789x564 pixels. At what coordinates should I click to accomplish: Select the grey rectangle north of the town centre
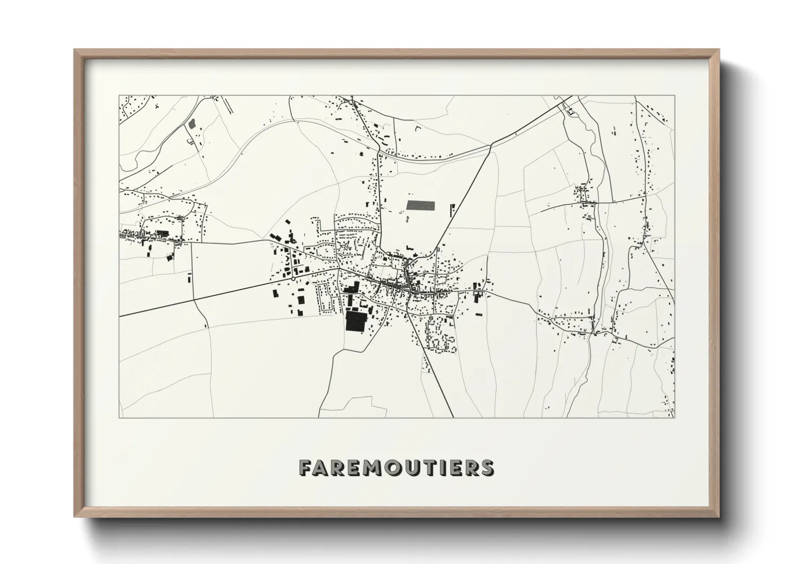point(421,204)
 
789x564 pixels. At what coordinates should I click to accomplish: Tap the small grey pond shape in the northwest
point(192,124)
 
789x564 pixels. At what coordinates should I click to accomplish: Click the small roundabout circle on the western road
point(293,278)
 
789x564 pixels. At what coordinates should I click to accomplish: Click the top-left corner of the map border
point(119,96)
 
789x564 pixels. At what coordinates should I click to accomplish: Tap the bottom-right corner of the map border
point(674,417)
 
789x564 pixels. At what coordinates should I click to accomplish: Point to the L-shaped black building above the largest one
point(350,288)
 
